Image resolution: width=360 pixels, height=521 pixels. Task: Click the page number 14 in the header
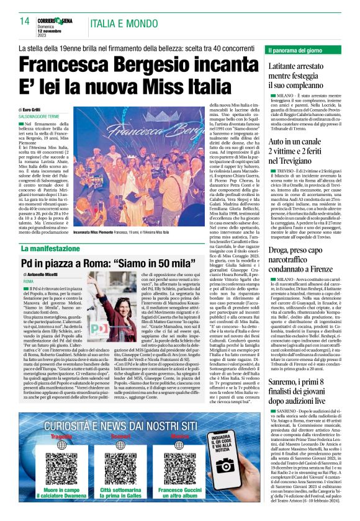(25, 21)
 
